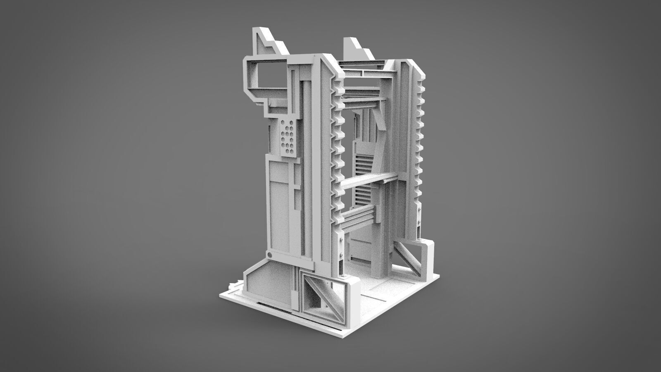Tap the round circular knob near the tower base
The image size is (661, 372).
[x=269, y=255]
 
